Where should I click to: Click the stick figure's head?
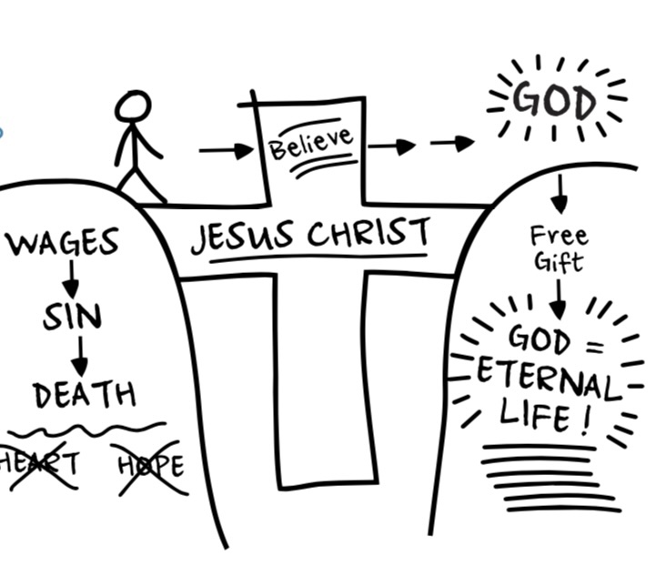[x=134, y=106]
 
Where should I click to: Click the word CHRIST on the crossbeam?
[x=368, y=234]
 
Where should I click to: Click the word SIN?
[x=72, y=318]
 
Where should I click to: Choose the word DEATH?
[x=85, y=395]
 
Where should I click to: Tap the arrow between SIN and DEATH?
[x=80, y=356]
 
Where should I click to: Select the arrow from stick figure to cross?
[x=225, y=150]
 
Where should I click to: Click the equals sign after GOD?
[x=595, y=345]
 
